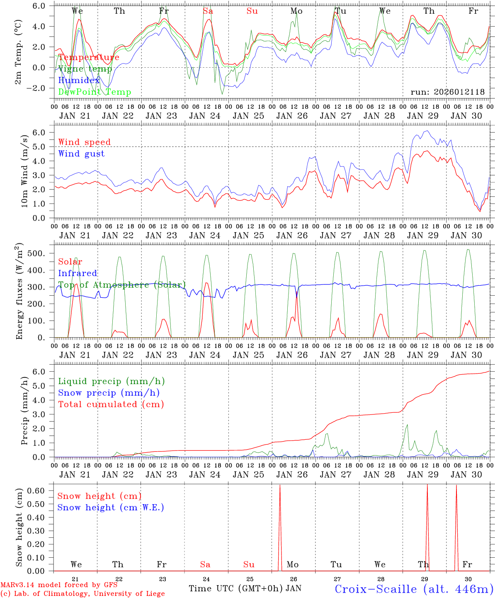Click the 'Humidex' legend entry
79,81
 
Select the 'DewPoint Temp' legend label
95,92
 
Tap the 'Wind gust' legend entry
81,154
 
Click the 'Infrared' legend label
78,273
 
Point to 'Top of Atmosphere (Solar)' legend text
122,285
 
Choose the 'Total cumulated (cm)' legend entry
111,404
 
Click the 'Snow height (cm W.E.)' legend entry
111,507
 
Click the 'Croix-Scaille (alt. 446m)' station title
414,589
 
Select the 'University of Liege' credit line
82,593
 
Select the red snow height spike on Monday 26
280,527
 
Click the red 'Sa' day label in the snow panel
205,564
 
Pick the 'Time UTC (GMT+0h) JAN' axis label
245,588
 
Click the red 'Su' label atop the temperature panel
252,11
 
